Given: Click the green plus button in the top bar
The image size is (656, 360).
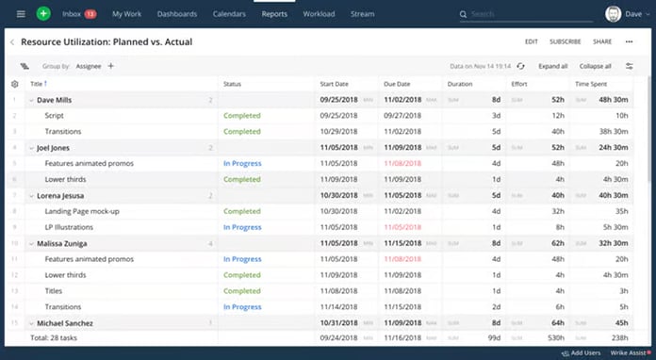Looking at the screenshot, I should (x=43, y=14).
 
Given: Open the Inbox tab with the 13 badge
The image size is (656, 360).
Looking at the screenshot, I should (x=78, y=14).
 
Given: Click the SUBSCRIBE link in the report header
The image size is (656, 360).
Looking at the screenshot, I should (x=565, y=41).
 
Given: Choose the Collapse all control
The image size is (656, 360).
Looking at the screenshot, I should (x=595, y=66).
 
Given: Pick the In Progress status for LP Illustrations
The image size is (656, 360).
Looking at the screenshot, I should (x=242, y=227).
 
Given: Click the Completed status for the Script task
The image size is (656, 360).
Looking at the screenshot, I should (x=242, y=115).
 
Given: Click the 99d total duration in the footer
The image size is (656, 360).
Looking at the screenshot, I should (x=492, y=336).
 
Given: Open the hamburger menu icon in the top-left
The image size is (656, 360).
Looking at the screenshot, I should (x=21, y=14).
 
